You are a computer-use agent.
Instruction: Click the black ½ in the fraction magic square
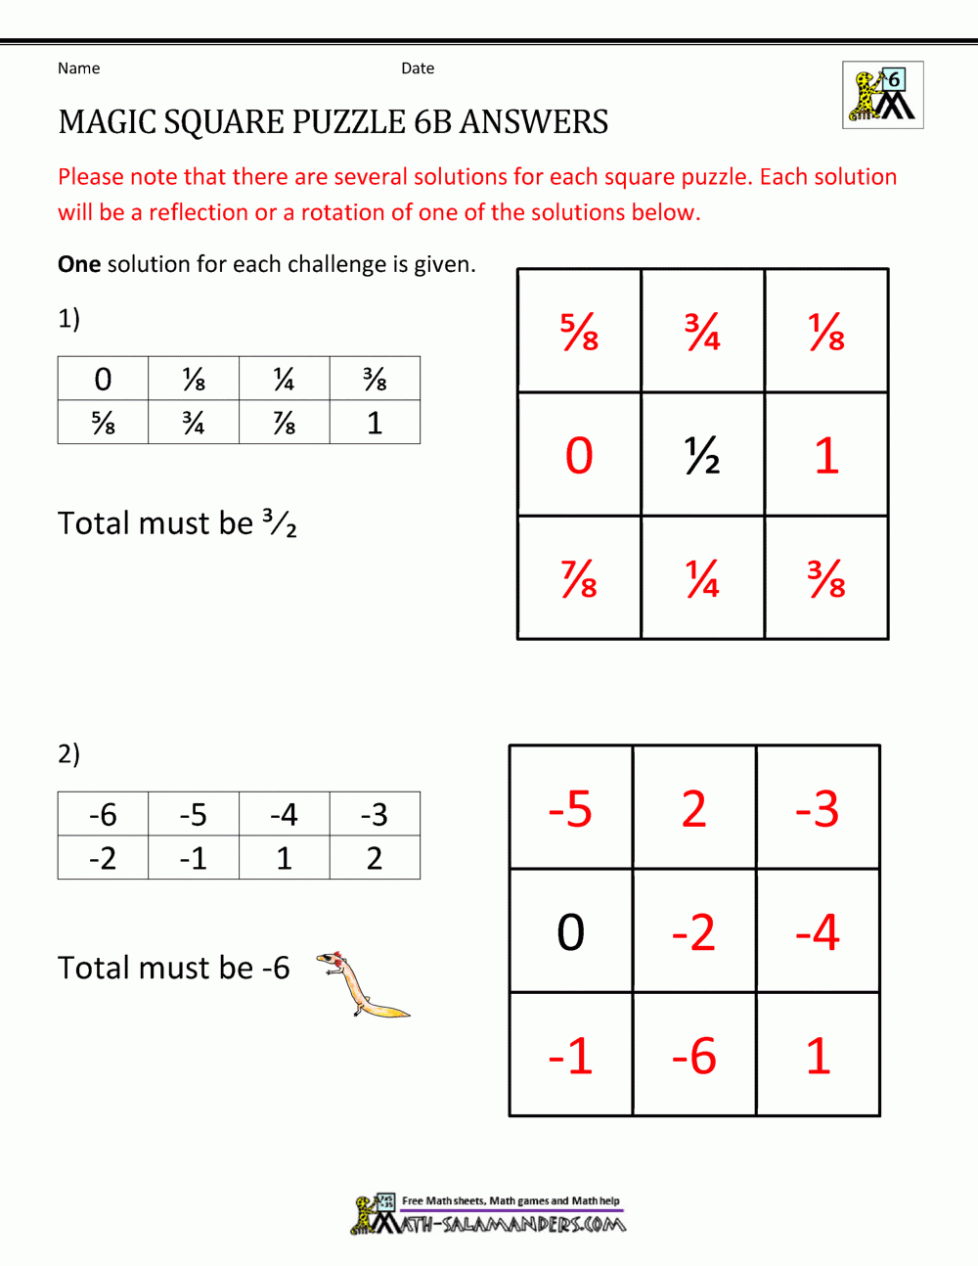click(702, 455)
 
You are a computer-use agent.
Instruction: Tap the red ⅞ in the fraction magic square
click(579, 578)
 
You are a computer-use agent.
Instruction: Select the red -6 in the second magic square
click(694, 1056)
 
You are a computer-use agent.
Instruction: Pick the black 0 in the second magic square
click(571, 932)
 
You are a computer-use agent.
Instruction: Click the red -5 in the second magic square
click(570, 809)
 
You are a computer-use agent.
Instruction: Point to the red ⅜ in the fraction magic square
click(826, 578)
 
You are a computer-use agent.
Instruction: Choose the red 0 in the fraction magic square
click(579, 455)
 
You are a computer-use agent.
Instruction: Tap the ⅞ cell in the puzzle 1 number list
click(284, 423)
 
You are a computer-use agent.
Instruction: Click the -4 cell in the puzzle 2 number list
click(284, 814)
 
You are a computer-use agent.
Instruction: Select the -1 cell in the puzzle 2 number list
click(193, 858)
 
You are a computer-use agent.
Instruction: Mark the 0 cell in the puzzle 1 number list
click(103, 379)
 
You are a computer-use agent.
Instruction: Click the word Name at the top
click(78, 68)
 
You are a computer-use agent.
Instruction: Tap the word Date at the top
click(418, 68)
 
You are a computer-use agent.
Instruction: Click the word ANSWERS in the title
click(534, 122)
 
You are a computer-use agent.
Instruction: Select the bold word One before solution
click(79, 264)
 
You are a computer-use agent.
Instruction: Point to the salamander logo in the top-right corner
click(883, 96)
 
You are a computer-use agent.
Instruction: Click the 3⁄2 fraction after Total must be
click(280, 523)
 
